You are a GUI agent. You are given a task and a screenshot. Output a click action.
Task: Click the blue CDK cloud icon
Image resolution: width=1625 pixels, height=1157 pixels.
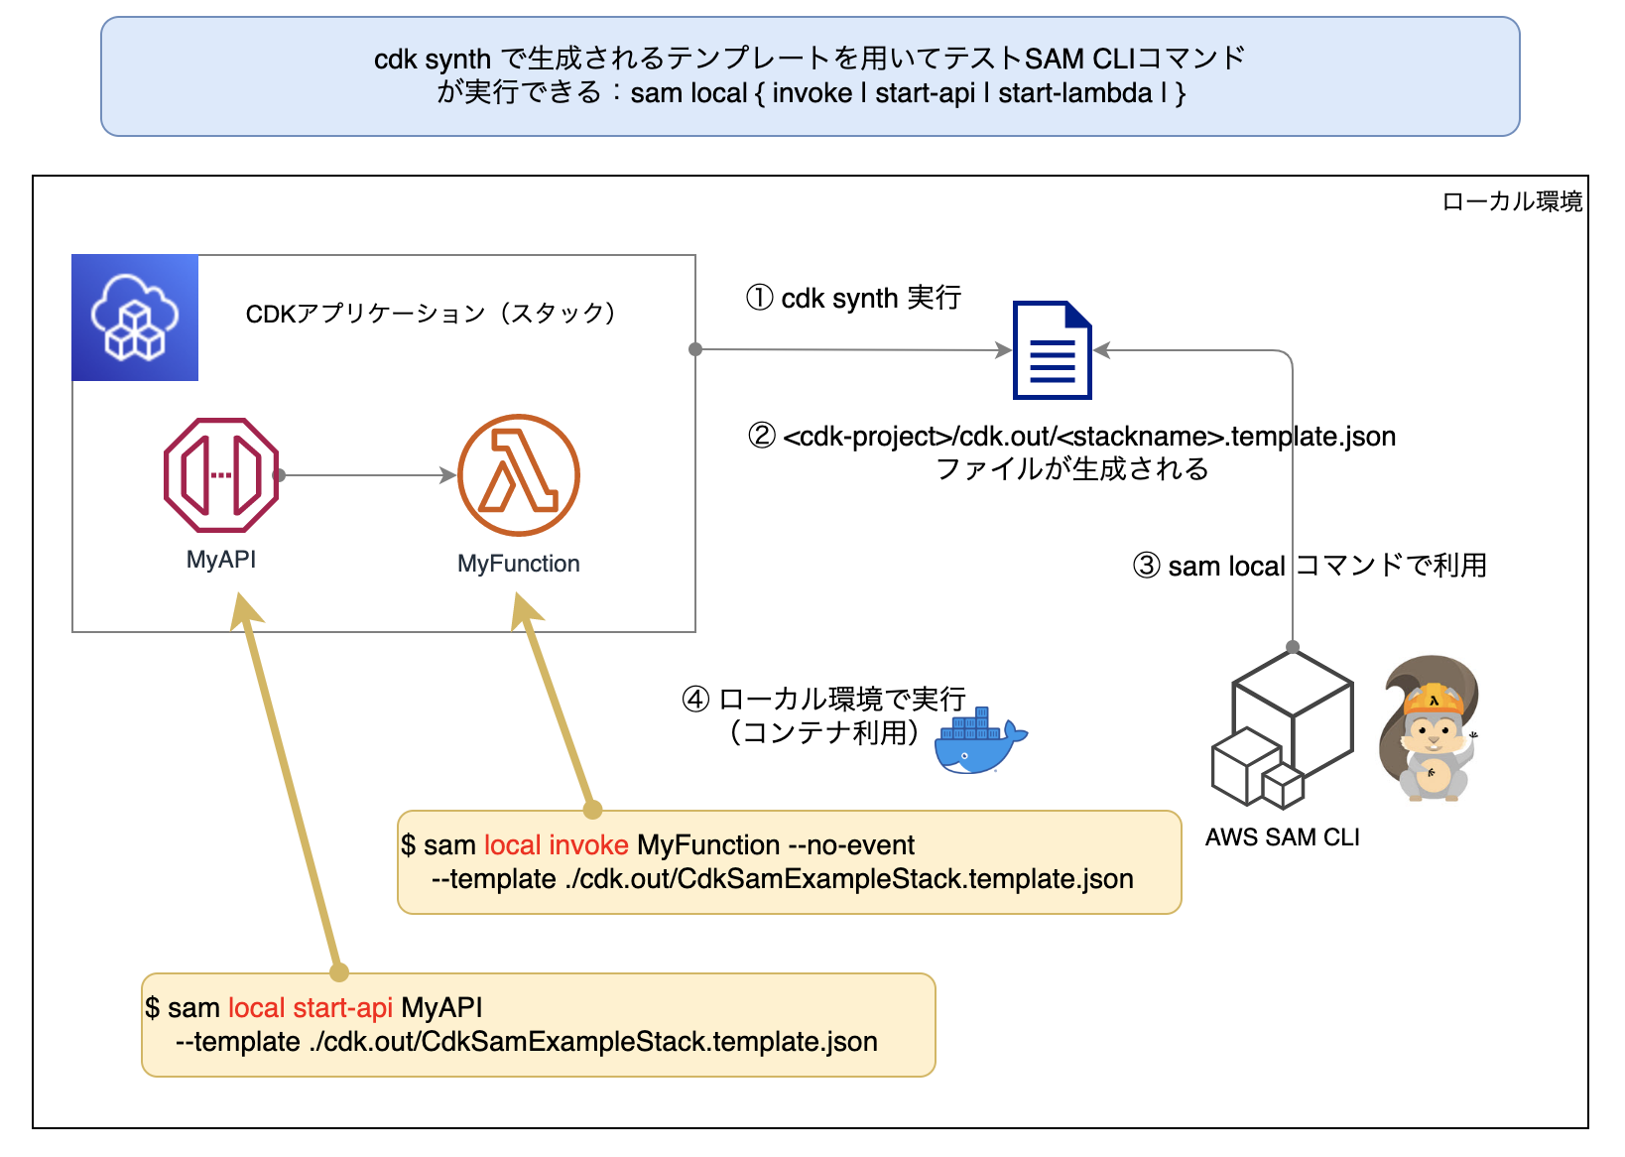pyautogui.click(x=135, y=318)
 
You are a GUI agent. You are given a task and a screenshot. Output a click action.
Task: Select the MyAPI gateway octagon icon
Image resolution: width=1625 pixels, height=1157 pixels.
pyautogui.click(x=220, y=475)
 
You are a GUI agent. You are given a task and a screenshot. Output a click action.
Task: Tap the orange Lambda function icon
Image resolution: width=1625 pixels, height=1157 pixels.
pyautogui.click(x=518, y=475)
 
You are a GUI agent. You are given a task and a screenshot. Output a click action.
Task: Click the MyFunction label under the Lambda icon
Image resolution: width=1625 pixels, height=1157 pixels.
pyautogui.click(x=518, y=564)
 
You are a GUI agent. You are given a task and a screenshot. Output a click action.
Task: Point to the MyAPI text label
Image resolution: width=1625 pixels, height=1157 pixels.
pyautogui.click(x=220, y=560)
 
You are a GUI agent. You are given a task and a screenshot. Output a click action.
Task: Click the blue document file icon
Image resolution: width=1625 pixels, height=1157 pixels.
pyautogui.click(x=1052, y=350)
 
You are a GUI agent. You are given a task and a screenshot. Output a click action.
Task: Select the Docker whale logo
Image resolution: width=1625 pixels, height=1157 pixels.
pyautogui.click(x=978, y=742)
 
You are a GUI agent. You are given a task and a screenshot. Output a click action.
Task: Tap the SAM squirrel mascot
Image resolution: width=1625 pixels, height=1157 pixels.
pyautogui.click(x=1430, y=729)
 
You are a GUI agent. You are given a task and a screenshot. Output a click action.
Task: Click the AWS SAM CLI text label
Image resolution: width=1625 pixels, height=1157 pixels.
pyautogui.click(x=1282, y=837)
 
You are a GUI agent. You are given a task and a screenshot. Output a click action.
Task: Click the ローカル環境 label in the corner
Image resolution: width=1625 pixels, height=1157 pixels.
pyautogui.click(x=1511, y=202)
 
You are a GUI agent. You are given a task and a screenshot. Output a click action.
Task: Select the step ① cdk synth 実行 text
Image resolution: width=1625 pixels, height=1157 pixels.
pyautogui.click(x=853, y=298)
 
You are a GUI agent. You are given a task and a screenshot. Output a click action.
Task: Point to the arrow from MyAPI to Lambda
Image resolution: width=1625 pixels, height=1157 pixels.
pyautogui.click(x=367, y=475)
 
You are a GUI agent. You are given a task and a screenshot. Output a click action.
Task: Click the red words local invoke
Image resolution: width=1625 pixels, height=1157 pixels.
pyautogui.click(x=556, y=845)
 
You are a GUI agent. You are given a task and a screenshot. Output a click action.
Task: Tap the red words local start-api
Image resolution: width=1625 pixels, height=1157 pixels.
pyautogui.click(x=311, y=1008)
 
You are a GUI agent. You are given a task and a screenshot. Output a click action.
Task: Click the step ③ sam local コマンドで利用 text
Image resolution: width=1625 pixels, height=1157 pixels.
pyautogui.click(x=1310, y=566)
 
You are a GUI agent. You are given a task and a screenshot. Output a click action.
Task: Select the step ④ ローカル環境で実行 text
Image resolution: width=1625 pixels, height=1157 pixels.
pyautogui.click(x=823, y=700)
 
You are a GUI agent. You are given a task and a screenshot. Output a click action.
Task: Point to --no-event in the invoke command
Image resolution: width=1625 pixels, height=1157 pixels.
pyautogui.click(x=851, y=845)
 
